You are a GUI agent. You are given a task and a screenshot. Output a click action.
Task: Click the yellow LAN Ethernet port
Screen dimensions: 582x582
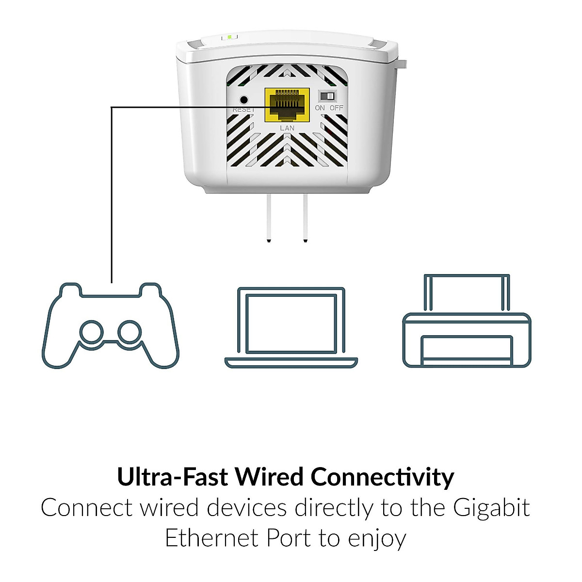pyautogui.click(x=287, y=105)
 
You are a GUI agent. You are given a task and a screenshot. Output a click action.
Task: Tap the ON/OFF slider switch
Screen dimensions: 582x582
pyautogui.click(x=327, y=95)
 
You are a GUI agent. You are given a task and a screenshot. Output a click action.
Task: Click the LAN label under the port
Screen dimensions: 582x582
pyautogui.click(x=287, y=128)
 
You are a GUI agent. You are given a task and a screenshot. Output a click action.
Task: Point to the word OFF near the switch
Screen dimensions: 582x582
pyautogui.click(x=336, y=108)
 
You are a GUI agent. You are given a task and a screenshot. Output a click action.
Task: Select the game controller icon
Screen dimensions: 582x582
pyautogui.click(x=111, y=325)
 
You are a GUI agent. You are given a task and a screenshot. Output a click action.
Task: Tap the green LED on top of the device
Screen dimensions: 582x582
pyautogui.click(x=230, y=37)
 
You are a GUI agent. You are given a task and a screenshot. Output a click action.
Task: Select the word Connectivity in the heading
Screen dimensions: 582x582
pyautogui.click(x=382, y=477)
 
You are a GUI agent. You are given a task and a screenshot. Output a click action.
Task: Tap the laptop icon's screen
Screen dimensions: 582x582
pyautogui.click(x=291, y=323)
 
